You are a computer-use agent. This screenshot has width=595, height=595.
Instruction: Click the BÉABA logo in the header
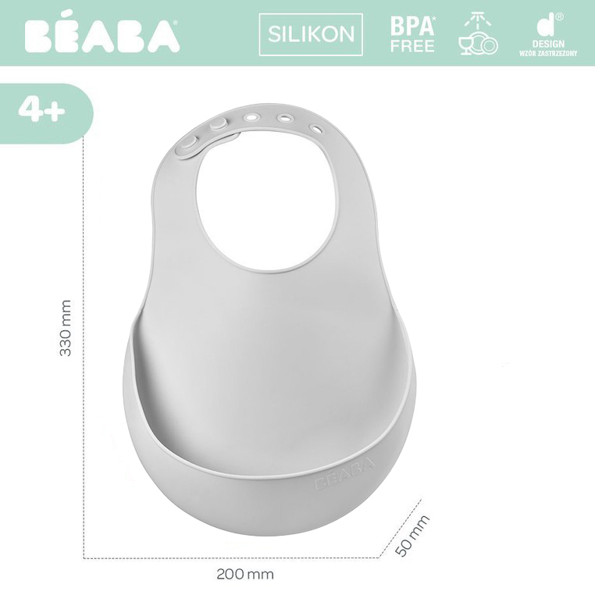[102, 36]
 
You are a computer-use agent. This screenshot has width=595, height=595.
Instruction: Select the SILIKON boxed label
[311, 34]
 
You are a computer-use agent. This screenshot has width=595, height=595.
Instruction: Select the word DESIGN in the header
[548, 45]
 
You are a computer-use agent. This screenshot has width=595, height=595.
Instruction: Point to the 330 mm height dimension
[66, 328]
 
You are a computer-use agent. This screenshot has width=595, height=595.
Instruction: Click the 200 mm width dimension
[245, 574]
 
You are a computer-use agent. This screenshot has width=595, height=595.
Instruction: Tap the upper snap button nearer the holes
[219, 123]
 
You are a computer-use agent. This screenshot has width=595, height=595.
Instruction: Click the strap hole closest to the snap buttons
[251, 116]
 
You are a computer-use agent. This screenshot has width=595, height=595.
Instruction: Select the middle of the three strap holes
[285, 119]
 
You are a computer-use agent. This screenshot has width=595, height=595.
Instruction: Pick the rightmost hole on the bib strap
[316, 127]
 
